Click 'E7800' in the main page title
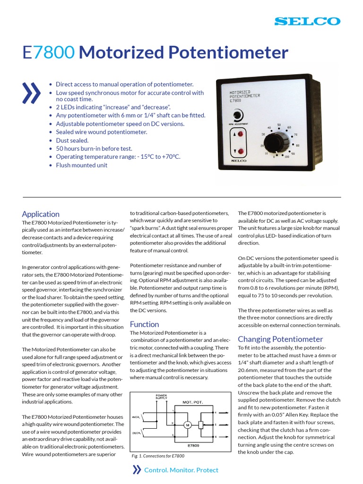tap(48, 52)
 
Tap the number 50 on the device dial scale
tap(279, 125)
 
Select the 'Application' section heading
tap(41, 214)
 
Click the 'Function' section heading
tap(144, 324)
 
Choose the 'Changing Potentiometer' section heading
tap(280, 339)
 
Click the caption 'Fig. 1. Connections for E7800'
tap(157, 456)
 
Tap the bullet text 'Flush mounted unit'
tap(81, 165)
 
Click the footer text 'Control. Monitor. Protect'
tap(181, 470)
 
